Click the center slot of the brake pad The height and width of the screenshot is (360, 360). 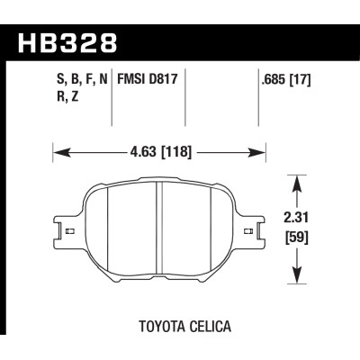click(x=159, y=229)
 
